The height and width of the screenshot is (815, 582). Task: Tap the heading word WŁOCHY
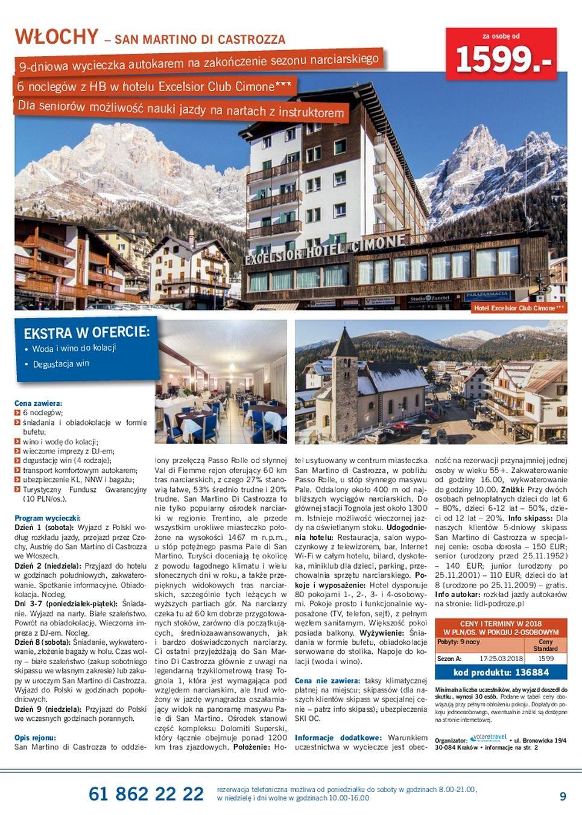[x=56, y=37]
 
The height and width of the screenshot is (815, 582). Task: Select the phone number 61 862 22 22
[x=146, y=793]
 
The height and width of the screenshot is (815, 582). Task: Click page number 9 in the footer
[x=563, y=796]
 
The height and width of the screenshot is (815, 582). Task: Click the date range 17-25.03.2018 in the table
[x=501, y=659]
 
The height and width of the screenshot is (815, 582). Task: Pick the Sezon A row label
[x=449, y=659]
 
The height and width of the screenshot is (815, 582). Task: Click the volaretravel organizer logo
[x=488, y=738]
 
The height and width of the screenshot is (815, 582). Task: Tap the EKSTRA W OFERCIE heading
[x=86, y=333]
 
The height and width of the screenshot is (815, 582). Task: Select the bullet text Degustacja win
[x=61, y=364]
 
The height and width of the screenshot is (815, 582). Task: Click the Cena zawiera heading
[x=38, y=403]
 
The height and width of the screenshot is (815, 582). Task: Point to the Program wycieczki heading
[x=47, y=518]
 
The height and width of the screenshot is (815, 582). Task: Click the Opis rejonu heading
[x=35, y=737]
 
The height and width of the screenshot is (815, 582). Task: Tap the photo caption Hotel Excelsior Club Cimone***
[x=519, y=308]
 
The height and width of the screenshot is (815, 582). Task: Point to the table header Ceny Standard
[x=545, y=645]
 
